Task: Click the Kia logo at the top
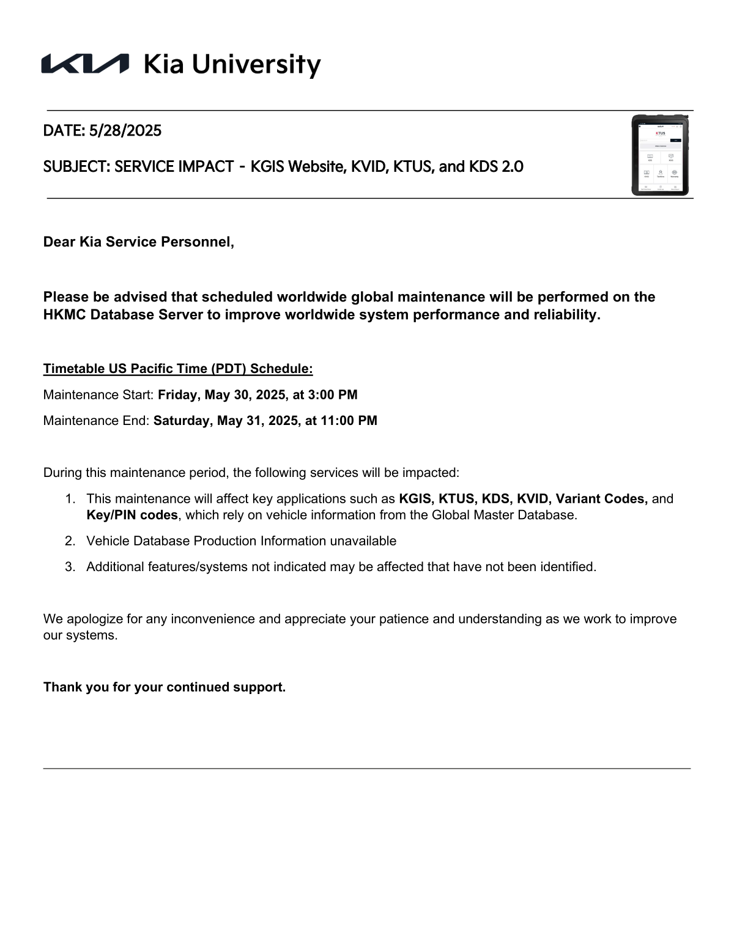(x=85, y=64)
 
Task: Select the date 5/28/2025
(x=125, y=131)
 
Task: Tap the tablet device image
(x=660, y=155)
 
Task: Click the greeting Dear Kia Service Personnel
(x=138, y=242)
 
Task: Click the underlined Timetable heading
(x=178, y=369)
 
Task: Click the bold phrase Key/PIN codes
(x=132, y=515)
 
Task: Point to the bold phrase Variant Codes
(x=601, y=499)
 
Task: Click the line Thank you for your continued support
(x=165, y=687)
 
